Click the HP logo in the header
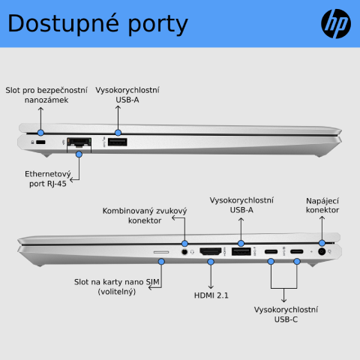click(x=336, y=23)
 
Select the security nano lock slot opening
click(x=40, y=142)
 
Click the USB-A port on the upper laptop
click(x=118, y=142)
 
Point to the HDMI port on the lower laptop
click(x=211, y=251)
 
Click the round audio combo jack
click(x=184, y=252)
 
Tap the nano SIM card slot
click(x=161, y=252)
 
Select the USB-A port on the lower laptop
click(x=241, y=251)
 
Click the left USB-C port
click(x=271, y=251)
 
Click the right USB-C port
click(x=297, y=251)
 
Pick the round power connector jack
click(x=322, y=251)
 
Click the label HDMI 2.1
click(x=211, y=295)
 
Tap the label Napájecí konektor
click(x=322, y=205)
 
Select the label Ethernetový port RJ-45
click(x=48, y=178)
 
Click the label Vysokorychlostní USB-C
click(x=286, y=314)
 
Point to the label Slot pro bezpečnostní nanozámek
click(x=46, y=95)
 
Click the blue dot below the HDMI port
click(x=211, y=262)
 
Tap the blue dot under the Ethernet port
click(x=79, y=154)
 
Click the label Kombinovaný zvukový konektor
click(x=145, y=215)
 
